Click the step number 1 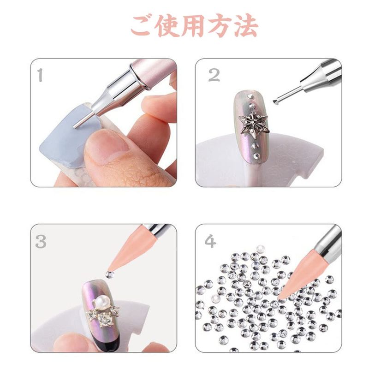click(41, 75)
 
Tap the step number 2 click(214, 75)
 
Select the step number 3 click(41, 241)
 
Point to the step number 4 click(210, 241)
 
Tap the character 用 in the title click(192, 26)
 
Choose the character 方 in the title click(220, 26)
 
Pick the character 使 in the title click(167, 26)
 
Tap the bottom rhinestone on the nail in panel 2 click(256, 155)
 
